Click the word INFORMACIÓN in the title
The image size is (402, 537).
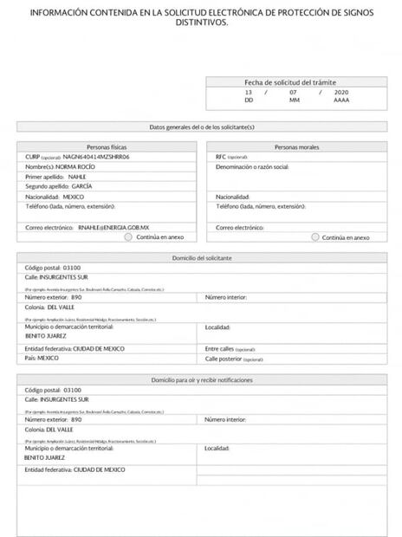(58, 12)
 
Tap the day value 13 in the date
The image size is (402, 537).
(249, 91)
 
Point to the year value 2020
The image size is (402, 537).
(340, 91)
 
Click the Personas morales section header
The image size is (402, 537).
(297, 148)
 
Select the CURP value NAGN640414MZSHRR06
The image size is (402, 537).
(96, 157)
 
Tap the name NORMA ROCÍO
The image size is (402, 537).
(76, 166)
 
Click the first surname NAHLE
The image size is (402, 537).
(77, 176)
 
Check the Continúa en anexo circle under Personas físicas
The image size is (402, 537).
(128, 236)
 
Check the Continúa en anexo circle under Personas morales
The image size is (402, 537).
(314, 236)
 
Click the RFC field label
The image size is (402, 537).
(221, 157)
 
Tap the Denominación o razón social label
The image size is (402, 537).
(252, 166)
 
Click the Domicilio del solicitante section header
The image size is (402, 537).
(202, 258)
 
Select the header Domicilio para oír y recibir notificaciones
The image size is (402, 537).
(202, 380)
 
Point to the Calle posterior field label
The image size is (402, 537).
(223, 358)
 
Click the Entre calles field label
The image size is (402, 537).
(221, 347)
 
